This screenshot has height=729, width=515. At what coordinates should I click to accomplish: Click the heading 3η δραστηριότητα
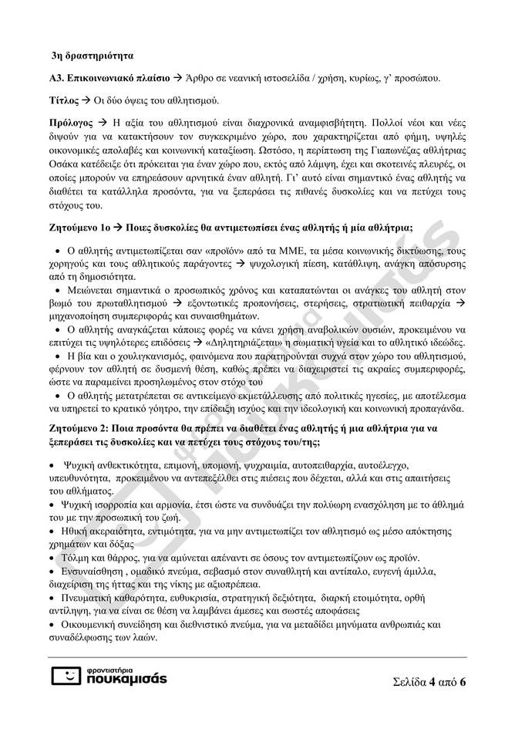pyautogui.click(x=92, y=57)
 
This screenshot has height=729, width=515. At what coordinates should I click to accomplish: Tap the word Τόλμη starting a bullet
pyautogui.click(x=71, y=557)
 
